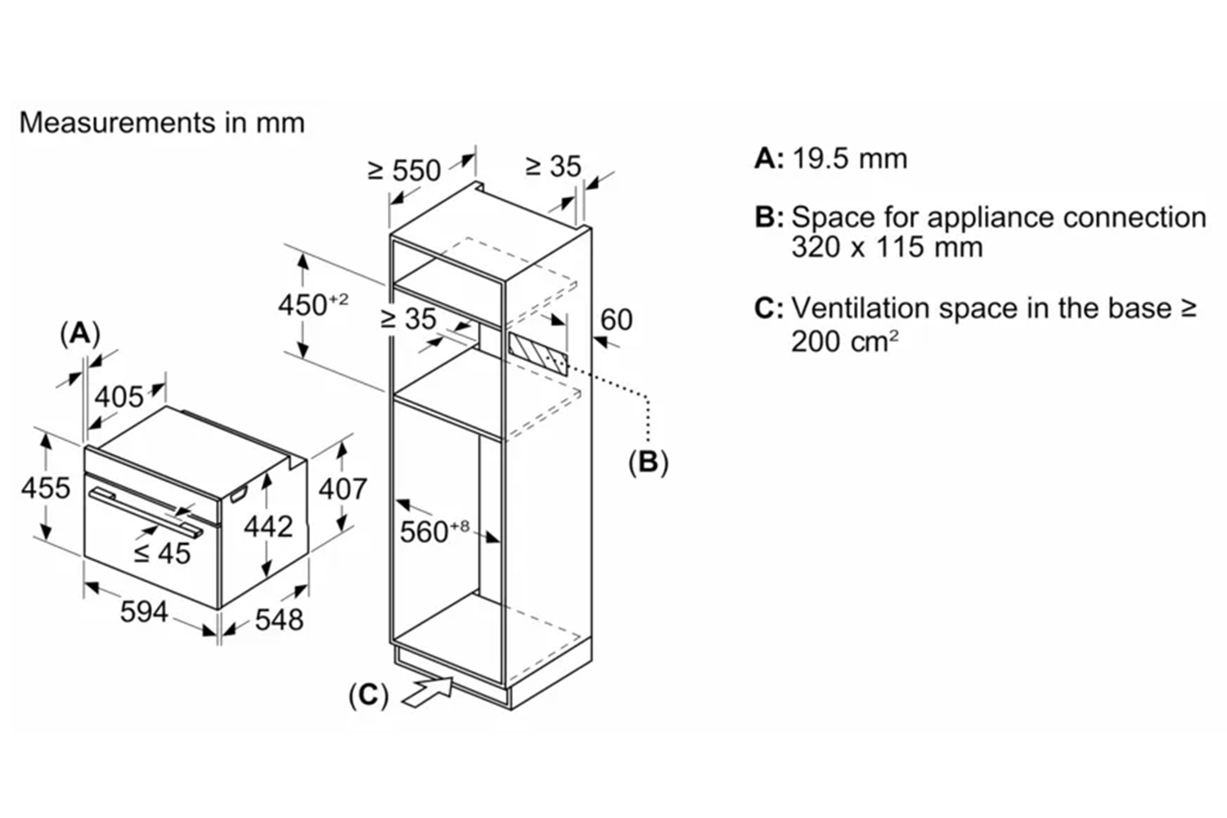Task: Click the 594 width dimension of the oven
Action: [144, 612]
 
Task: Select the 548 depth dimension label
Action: [279, 619]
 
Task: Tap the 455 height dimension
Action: [45, 488]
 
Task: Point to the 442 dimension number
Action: [268, 526]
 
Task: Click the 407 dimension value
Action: [342, 489]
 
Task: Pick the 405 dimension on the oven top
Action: [119, 397]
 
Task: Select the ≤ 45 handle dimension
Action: [162, 554]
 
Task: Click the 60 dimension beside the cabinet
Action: [616, 319]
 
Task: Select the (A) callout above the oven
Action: [80, 334]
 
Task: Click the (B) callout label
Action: [648, 462]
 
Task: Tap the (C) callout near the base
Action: [368, 695]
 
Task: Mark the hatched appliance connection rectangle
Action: [537, 353]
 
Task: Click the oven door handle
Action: [147, 510]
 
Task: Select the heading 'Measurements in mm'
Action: [162, 123]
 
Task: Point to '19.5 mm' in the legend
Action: [849, 158]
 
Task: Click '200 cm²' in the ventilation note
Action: [844, 340]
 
